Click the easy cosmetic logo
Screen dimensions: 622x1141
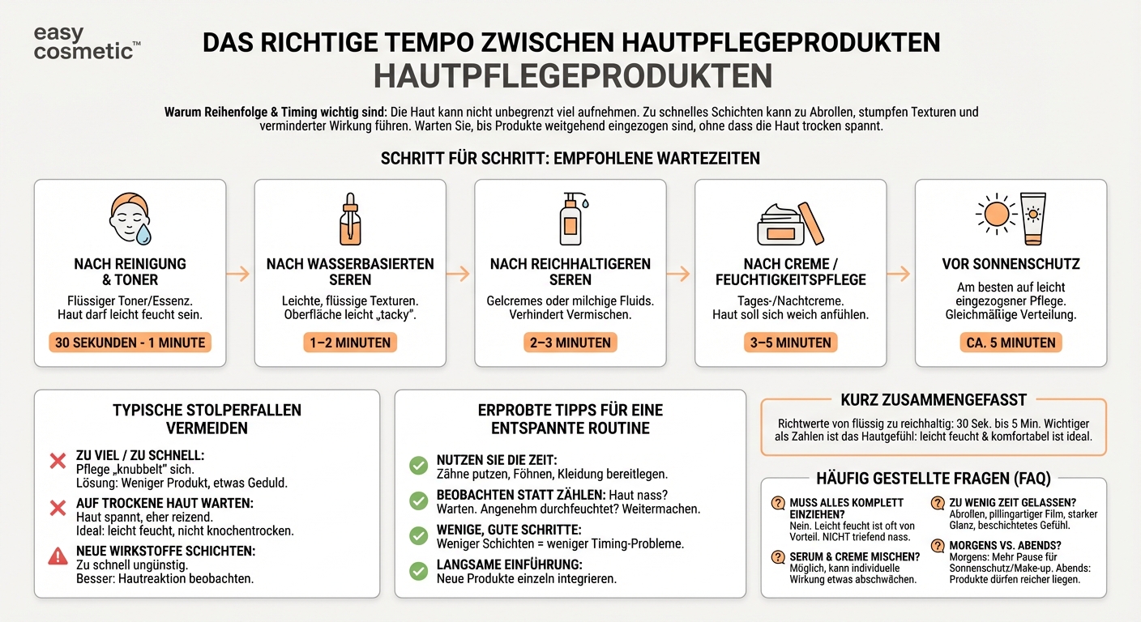(86, 42)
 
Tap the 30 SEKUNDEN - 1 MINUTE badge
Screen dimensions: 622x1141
(130, 343)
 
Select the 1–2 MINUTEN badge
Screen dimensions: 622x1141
(350, 343)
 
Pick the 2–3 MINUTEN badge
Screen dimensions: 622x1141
(570, 343)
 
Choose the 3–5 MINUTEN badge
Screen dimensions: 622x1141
(790, 343)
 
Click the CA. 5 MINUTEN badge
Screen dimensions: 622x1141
(1011, 343)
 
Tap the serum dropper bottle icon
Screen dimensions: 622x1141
(350, 219)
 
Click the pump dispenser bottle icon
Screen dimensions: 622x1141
(571, 219)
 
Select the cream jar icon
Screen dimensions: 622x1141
(782, 224)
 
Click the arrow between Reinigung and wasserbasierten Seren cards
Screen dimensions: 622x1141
(240, 274)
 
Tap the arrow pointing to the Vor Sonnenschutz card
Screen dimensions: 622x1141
(900, 274)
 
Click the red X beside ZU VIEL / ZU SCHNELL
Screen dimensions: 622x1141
(58, 462)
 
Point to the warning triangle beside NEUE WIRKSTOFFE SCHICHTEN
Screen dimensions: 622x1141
(58, 556)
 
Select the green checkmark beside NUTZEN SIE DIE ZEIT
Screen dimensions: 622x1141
(418, 465)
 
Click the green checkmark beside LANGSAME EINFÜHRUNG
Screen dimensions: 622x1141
(418, 571)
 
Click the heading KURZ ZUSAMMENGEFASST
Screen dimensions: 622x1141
(933, 400)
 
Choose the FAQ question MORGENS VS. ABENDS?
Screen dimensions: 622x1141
(1005, 546)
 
